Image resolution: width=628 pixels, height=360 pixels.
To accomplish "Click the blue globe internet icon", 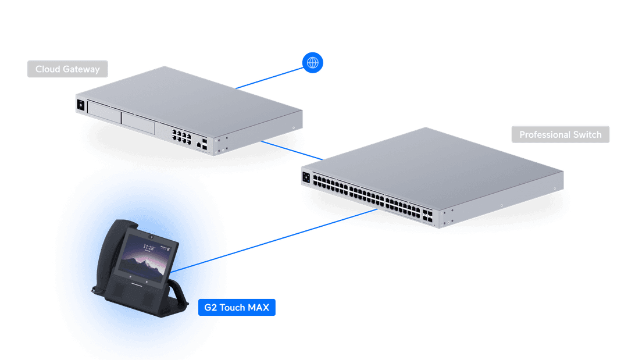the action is [x=312, y=62].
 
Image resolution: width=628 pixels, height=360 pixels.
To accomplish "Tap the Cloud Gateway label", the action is [x=67, y=69].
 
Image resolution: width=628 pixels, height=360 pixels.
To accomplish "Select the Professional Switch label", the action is [x=561, y=134].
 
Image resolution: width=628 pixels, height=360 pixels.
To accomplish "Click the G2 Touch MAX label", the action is [x=237, y=308].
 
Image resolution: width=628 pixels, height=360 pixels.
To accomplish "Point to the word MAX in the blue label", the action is [x=258, y=308].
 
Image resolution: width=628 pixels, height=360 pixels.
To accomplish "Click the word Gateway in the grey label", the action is [x=81, y=69].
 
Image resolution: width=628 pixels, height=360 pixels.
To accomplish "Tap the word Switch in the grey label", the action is [x=587, y=134].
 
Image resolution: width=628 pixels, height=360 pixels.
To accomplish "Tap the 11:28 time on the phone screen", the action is [x=148, y=248].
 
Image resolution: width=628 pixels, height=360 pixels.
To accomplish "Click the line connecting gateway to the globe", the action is [x=270, y=78].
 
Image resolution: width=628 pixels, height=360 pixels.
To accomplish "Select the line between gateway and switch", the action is [x=292, y=151].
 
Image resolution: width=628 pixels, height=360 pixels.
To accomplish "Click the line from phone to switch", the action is [x=274, y=240].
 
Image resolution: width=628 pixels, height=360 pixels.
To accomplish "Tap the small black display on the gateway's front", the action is [x=80, y=105].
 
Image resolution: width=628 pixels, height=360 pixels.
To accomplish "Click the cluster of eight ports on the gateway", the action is [x=181, y=137].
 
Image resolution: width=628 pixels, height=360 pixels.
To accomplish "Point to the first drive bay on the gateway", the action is [x=104, y=112].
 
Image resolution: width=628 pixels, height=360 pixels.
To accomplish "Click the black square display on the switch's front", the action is [x=306, y=177].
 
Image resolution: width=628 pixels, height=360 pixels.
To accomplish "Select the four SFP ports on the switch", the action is [x=427, y=215].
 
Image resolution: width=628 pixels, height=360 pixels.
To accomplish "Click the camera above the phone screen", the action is [x=151, y=237].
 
